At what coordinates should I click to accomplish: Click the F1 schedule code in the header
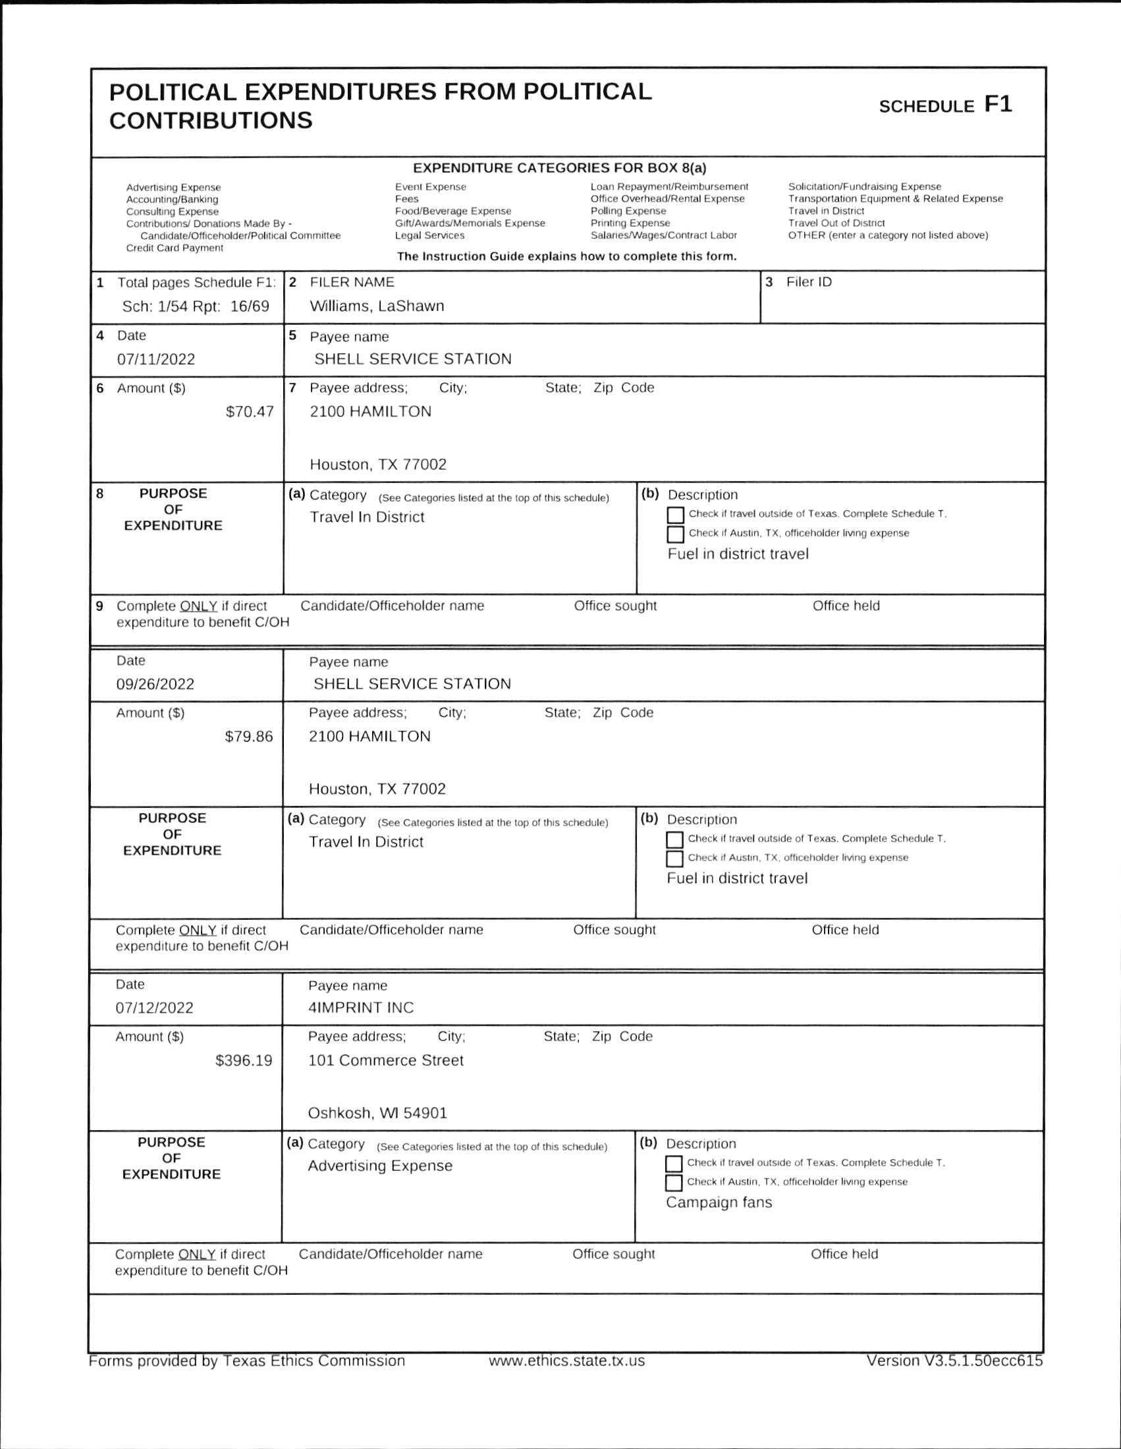click(998, 105)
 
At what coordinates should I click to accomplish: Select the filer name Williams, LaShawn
click(377, 306)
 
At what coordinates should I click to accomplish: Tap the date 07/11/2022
click(156, 360)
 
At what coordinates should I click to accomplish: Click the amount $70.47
click(250, 411)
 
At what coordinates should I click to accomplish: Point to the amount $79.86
click(249, 737)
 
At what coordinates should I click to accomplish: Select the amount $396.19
click(244, 1060)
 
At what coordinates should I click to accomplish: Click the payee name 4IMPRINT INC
click(361, 1008)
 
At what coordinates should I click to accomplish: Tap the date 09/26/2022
click(155, 684)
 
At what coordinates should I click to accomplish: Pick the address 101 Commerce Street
click(385, 1060)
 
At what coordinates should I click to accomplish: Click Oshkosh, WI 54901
click(377, 1113)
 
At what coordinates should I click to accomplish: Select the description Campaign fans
click(719, 1202)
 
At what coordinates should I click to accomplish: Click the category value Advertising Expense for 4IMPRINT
click(380, 1166)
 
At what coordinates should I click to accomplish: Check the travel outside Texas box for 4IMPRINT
click(673, 1164)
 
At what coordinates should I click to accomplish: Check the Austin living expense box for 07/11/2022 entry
click(675, 534)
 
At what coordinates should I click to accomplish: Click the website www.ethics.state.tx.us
click(566, 1361)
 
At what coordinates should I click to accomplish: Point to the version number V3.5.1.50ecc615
click(954, 1360)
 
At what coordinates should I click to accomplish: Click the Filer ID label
click(809, 282)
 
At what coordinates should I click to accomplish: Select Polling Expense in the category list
click(628, 211)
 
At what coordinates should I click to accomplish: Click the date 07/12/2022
click(155, 1008)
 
